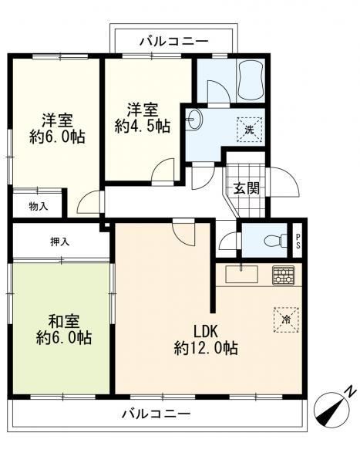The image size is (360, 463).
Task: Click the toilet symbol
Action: (x=276, y=241)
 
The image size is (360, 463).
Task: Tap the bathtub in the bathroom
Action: (x=252, y=80)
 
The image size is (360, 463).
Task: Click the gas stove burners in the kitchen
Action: (x=283, y=275)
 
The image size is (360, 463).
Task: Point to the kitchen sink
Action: (x=242, y=274)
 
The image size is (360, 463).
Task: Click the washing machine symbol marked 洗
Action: (x=250, y=130)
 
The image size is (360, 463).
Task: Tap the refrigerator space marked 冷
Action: (x=286, y=319)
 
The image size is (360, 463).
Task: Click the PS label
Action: (x=298, y=242)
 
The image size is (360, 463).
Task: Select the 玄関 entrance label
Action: (x=247, y=188)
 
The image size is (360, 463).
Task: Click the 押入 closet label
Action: (x=60, y=242)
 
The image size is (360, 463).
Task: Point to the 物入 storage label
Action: (x=39, y=206)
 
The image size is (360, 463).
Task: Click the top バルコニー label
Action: (x=173, y=41)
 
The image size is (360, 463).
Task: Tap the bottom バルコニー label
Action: (x=156, y=414)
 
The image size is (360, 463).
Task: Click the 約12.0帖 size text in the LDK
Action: (x=206, y=348)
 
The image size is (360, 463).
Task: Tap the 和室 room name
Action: (x=64, y=322)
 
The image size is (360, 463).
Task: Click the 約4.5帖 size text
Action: (x=143, y=127)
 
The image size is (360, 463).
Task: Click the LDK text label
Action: (x=205, y=331)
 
